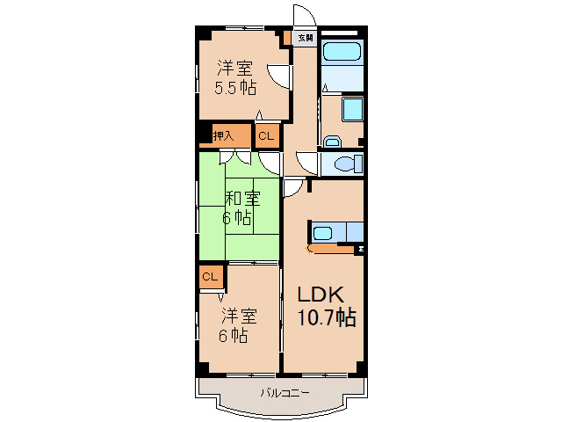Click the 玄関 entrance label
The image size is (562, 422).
[306, 38]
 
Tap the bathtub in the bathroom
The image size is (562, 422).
[342, 52]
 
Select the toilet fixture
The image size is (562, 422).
[349, 164]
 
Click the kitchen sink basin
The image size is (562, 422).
[322, 233]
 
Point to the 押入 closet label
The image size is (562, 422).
[223, 135]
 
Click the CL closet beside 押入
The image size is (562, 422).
[267, 136]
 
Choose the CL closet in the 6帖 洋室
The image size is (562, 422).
[211, 277]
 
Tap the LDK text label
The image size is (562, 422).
[321, 295]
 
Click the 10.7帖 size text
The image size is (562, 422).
[327, 317]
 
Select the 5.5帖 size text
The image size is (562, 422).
[235, 88]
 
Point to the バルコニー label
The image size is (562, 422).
[285, 393]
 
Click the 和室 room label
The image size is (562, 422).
[242, 198]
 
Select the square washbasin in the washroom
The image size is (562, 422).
[352, 109]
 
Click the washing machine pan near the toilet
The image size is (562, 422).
[332, 142]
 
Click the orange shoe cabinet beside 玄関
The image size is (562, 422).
[287, 38]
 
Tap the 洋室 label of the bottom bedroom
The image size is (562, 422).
[239, 316]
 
